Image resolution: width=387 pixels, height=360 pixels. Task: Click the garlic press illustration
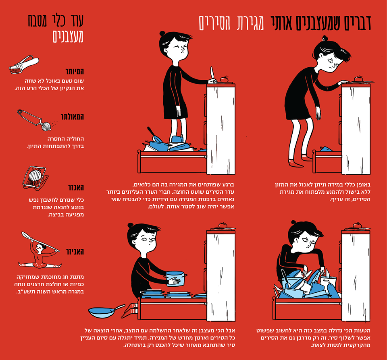23,65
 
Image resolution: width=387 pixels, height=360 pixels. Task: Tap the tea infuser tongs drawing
37,120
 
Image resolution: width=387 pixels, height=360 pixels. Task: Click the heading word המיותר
75,72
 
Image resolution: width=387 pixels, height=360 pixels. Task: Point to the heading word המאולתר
72,117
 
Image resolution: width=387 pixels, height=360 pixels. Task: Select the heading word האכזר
76,188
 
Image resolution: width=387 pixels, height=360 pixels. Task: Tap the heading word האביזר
75,252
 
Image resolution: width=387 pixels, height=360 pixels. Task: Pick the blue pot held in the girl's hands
175,278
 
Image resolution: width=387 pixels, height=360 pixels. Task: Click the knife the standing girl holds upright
212,74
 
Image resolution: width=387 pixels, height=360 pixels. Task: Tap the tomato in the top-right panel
358,79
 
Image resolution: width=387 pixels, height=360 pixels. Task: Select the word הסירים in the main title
214,23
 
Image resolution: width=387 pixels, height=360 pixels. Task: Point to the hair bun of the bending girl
325,38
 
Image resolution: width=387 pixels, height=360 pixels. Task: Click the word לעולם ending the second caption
155,207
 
